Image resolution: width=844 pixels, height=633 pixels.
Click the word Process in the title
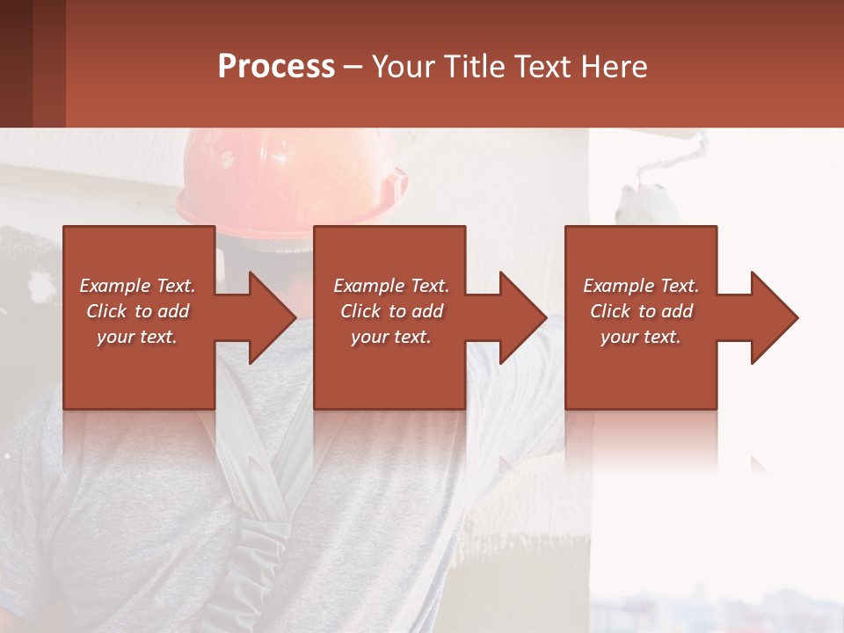pyautogui.click(x=276, y=66)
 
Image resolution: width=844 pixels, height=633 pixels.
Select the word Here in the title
pyautogui.click(x=615, y=66)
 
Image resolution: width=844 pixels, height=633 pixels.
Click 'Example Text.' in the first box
pyautogui.click(x=137, y=286)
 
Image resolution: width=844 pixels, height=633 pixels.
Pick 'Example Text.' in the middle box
pyautogui.click(x=391, y=286)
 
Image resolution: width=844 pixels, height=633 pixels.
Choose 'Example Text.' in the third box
pyautogui.click(x=641, y=286)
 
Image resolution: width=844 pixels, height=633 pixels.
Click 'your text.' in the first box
pyautogui.click(x=137, y=337)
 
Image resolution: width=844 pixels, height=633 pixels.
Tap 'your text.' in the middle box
pyautogui.click(x=391, y=337)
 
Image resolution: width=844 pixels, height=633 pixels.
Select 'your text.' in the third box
pyautogui.click(x=641, y=337)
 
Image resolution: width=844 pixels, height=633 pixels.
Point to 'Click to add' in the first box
pyautogui.click(x=137, y=311)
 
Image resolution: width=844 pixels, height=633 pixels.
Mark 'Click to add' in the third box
pyautogui.click(x=641, y=311)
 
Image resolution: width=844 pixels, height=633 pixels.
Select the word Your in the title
pyautogui.click(x=404, y=66)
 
